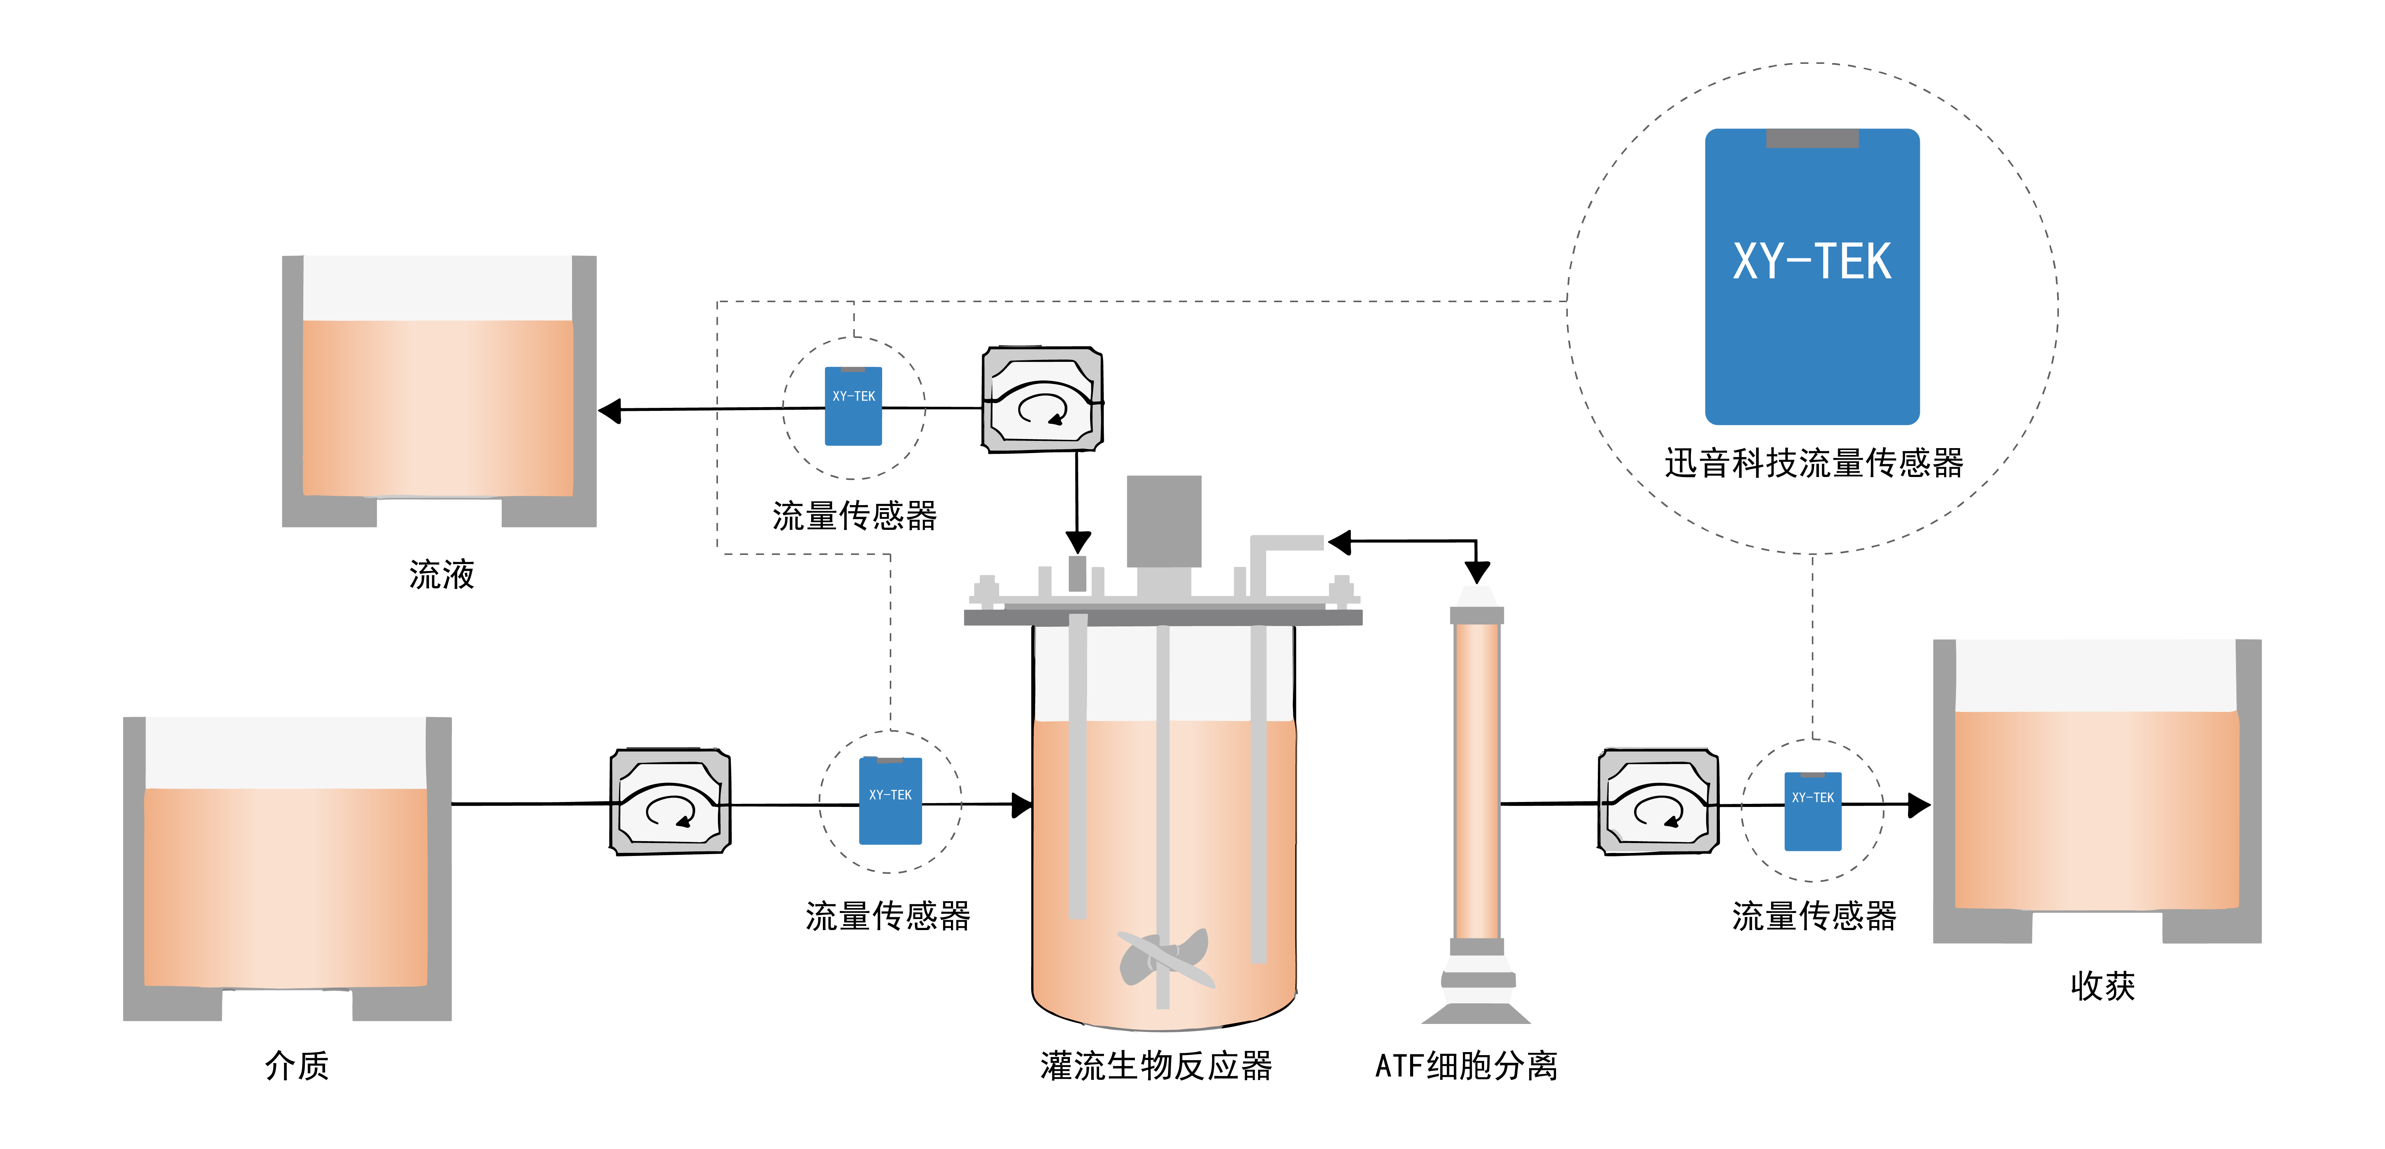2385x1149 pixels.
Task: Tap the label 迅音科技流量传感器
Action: point(1813,463)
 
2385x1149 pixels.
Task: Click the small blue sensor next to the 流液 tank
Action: point(853,406)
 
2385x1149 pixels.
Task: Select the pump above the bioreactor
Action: point(1041,400)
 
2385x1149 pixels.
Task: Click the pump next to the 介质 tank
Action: point(669,802)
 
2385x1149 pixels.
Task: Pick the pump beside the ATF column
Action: point(1657,802)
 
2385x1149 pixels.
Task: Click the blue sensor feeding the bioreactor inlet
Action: point(890,801)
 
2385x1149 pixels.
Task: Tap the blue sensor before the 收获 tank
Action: point(1812,811)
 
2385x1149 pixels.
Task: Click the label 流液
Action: point(442,575)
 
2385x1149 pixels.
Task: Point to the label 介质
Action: point(296,1066)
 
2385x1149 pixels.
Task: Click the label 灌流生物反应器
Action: point(1155,1066)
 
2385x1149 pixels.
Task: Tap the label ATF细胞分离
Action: point(1466,1066)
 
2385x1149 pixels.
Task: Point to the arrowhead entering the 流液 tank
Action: point(610,410)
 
